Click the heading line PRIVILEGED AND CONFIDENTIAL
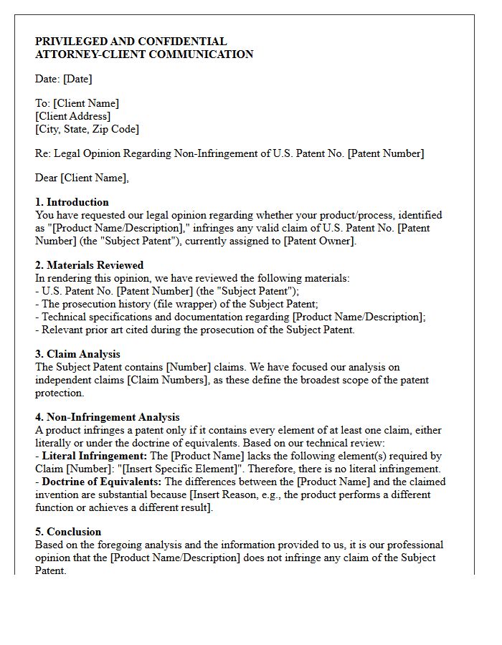coord(131,42)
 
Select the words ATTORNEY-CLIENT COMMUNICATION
coord(144,54)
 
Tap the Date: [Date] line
coord(64,79)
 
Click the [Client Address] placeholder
coord(73,116)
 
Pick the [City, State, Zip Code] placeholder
coord(87,129)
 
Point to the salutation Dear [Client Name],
coord(82,178)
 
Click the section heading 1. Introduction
coord(72,202)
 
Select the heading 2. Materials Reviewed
coord(90,265)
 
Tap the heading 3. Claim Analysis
coord(77,354)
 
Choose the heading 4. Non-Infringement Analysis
coord(108,417)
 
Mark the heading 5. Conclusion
coord(68,532)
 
